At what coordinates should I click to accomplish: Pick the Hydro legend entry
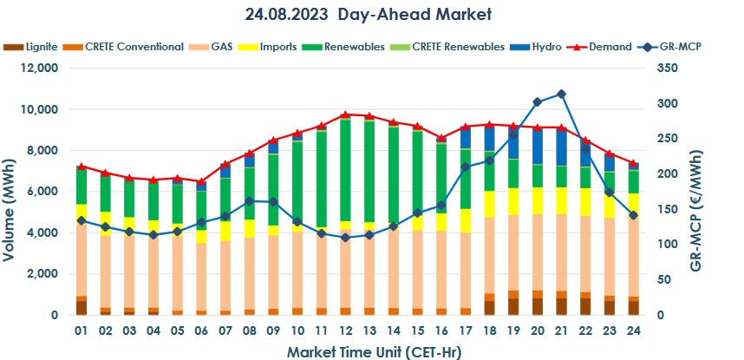[x=545, y=47]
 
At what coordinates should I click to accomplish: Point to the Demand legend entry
[x=607, y=47]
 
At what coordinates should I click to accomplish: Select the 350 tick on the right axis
[x=677, y=69]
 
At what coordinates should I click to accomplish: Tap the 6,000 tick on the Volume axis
[x=42, y=192]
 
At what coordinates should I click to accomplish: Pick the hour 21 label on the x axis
[x=561, y=331]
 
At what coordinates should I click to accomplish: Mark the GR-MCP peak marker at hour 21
[x=561, y=94]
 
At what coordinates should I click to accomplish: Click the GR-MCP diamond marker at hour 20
[x=538, y=101]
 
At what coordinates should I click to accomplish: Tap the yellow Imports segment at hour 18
[x=489, y=203]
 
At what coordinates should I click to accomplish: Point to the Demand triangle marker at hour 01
[x=82, y=167]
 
